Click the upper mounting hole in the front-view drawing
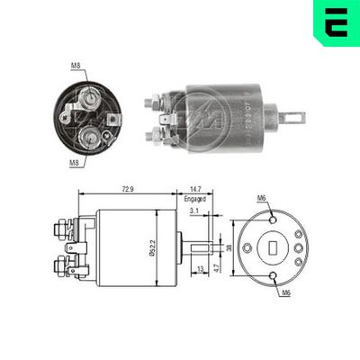(274, 218)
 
